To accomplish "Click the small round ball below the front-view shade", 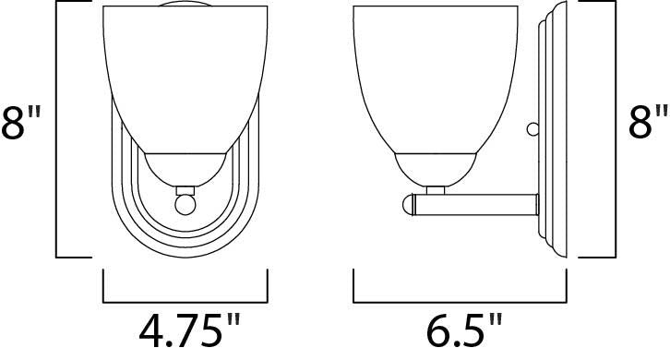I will [184, 202].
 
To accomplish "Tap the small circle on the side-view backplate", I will [531, 129].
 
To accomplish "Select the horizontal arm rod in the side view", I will [480, 201].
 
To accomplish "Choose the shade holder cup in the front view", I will [184, 167].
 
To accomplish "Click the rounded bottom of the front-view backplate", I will [184, 247].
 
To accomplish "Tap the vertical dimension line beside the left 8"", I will [59, 129].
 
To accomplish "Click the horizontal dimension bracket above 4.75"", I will [184, 301].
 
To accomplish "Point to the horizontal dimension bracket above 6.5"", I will [460, 301].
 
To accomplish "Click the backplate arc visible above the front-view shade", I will [184, 8].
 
